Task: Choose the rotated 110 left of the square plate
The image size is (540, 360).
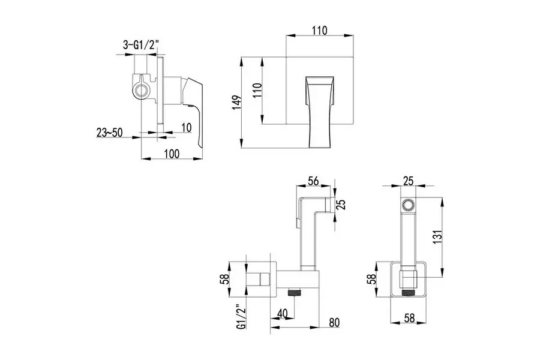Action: tap(257, 92)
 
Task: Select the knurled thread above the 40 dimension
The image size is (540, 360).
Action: tap(295, 295)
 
